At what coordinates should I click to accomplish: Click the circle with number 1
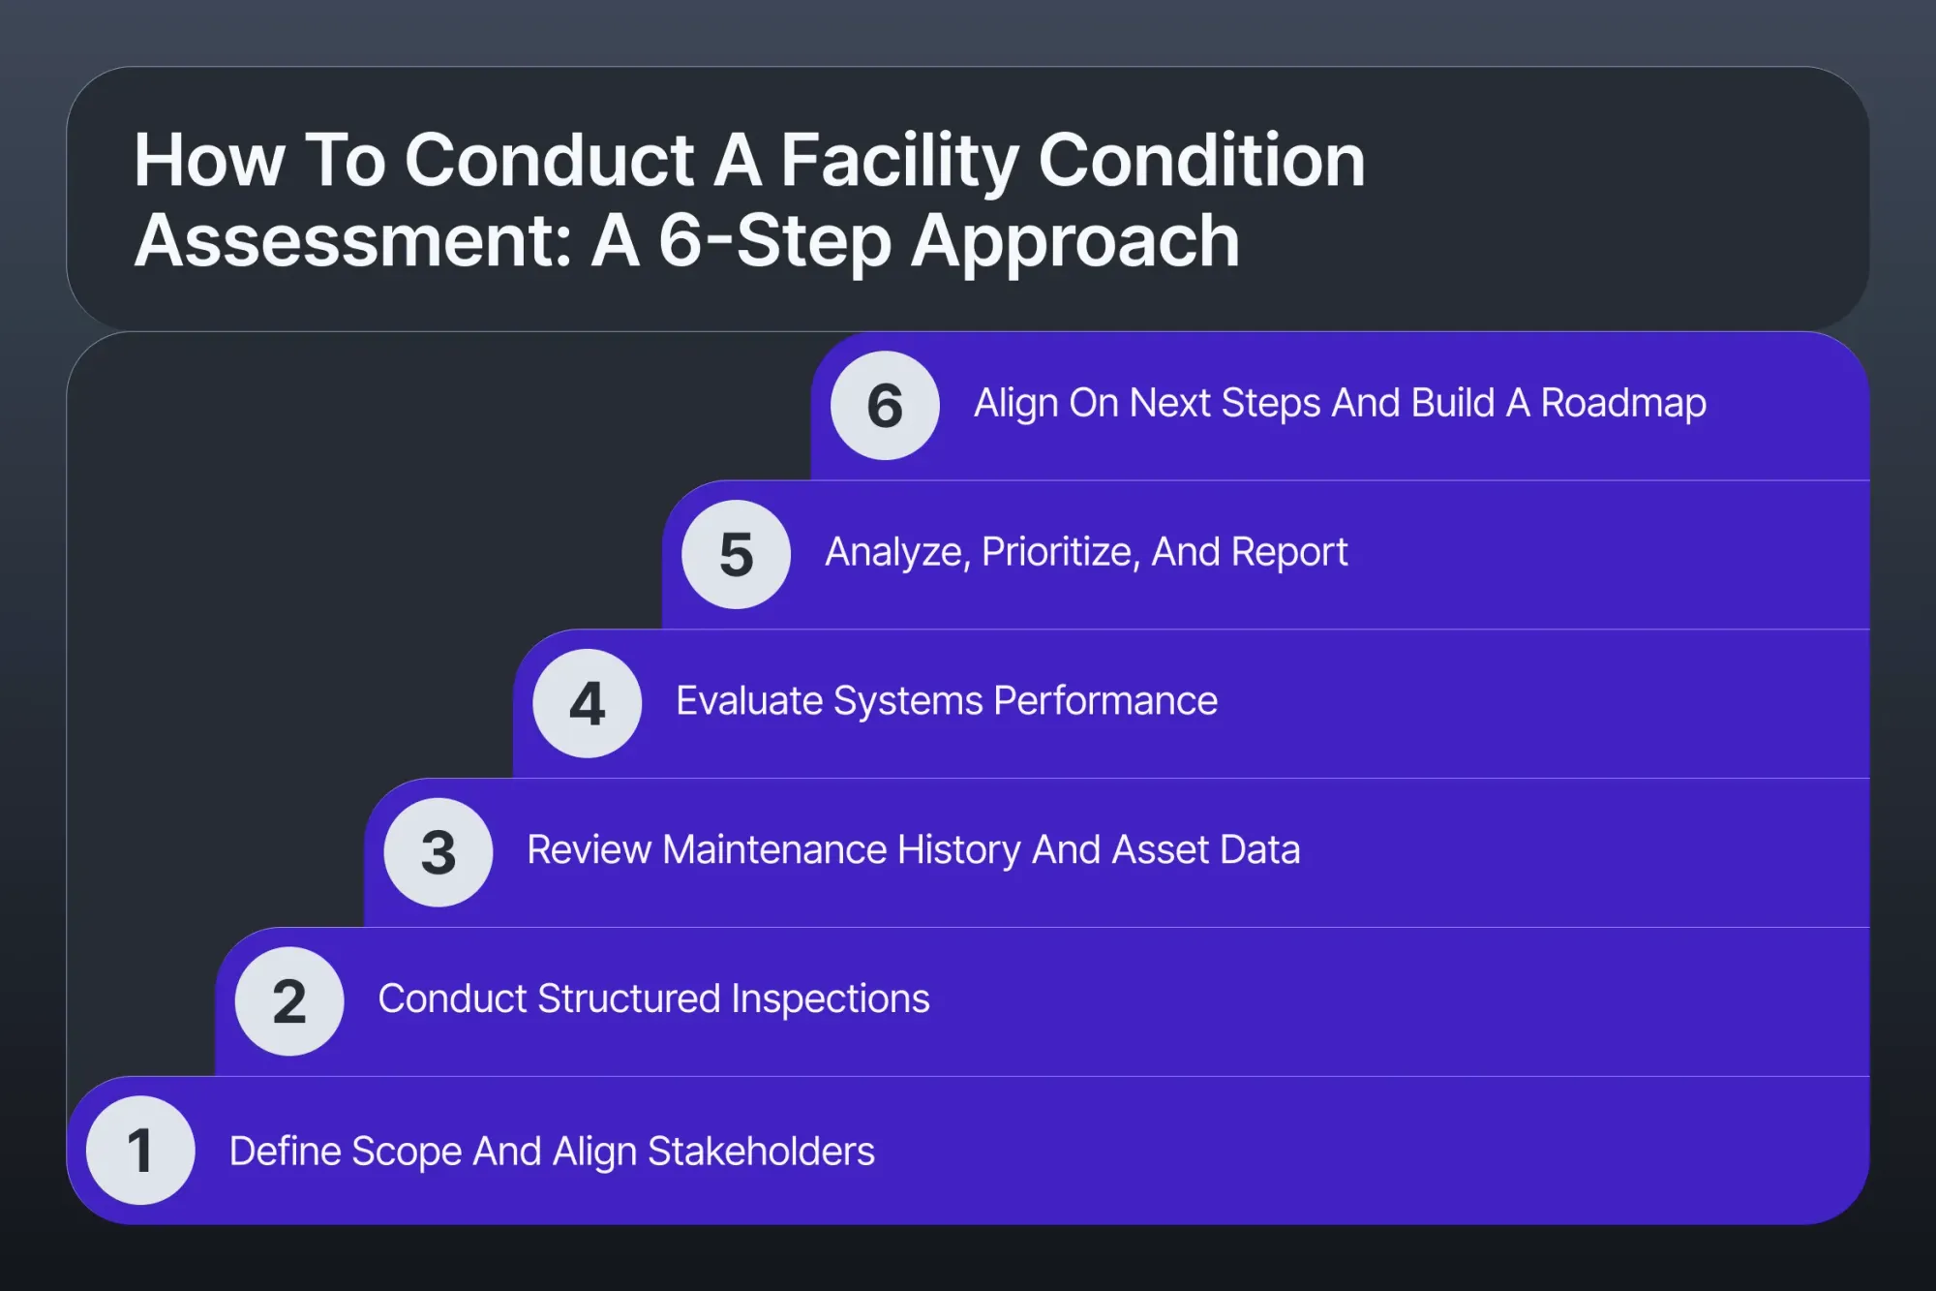tap(140, 1150)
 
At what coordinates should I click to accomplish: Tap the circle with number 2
tap(289, 1000)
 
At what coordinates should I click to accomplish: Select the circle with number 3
tap(439, 852)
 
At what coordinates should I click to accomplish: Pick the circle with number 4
tap(588, 703)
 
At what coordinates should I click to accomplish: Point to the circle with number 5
tap(737, 554)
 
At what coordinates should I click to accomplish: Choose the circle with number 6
tap(885, 405)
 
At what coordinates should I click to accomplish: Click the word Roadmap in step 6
tap(1623, 403)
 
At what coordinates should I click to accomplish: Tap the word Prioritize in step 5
tap(1059, 552)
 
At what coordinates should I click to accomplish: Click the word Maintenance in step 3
tap(774, 849)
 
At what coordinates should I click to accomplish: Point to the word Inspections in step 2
tap(831, 999)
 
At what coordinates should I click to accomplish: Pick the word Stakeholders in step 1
tap(761, 1152)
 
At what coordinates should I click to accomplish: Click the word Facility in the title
tap(899, 161)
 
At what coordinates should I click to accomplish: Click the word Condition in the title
tap(1201, 161)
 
